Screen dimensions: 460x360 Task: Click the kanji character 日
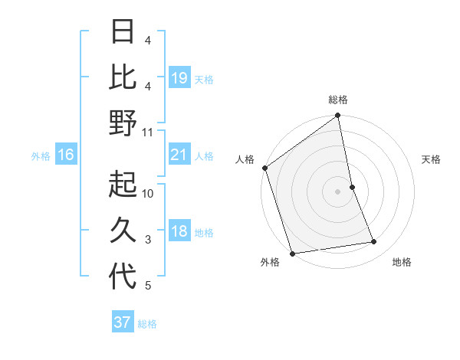123,32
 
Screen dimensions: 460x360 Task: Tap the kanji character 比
123,77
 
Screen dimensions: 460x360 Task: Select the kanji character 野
123,123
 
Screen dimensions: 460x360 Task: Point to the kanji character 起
123,185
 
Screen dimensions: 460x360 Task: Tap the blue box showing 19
179,77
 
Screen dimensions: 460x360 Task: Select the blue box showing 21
179,155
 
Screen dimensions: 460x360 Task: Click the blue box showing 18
179,232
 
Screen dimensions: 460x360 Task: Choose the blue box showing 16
66,155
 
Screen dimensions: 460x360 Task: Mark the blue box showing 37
123,322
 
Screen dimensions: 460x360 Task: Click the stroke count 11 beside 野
148,133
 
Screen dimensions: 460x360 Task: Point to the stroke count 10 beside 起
148,194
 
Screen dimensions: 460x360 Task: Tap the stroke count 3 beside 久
148,240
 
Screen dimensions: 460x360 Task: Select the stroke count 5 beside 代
148,286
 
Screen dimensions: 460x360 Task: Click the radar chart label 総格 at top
338,100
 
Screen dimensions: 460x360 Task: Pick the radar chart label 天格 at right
431,159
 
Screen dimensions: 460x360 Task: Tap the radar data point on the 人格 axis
265,168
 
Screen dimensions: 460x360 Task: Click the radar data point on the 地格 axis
374,242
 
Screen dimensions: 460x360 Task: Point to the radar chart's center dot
338,191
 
